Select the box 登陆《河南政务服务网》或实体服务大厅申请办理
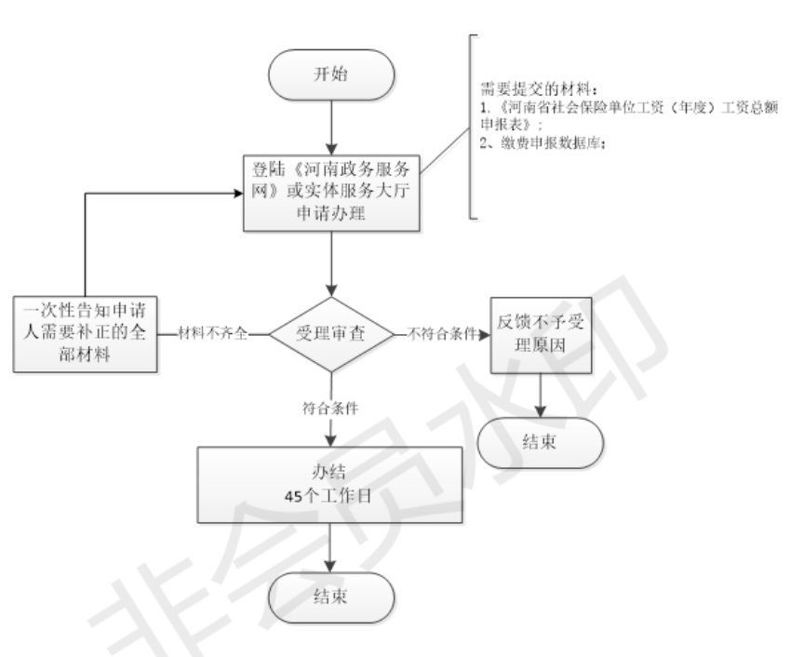(332, 192)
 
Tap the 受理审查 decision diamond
(331, 332)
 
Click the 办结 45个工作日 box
(331, 484)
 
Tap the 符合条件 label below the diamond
(332, 408)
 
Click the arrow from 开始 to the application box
(332, 124)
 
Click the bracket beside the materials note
(471, 126)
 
